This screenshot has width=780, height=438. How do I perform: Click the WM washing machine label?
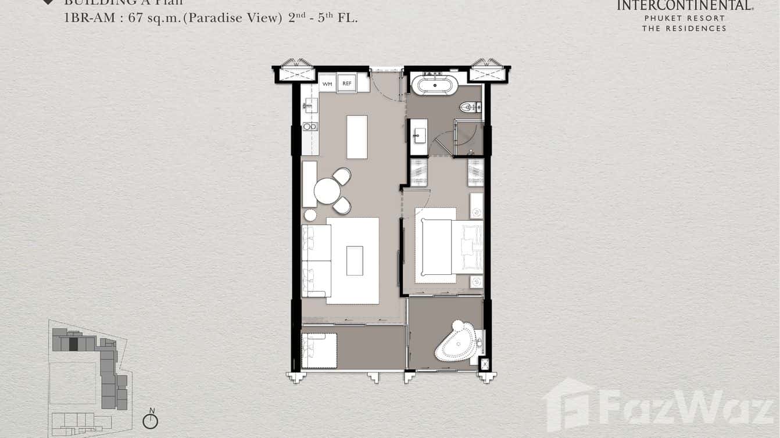(327, 84)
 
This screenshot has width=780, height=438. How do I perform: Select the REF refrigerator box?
(346, 84)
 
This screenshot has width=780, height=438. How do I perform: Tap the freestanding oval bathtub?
(435, 85)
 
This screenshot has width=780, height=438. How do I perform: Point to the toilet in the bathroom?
(468, 107)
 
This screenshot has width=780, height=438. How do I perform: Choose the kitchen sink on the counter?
(310, 106)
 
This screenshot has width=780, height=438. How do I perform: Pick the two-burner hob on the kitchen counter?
(310, 126)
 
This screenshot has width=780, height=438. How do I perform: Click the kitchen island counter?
(357, 137)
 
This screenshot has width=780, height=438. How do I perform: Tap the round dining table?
(327, 191)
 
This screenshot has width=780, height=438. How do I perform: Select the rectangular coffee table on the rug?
(355, 261)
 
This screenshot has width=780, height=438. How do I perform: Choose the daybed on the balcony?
(319, 350)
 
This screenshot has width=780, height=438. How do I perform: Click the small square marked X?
(485, 365)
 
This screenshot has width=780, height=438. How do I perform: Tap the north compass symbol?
(151, 421)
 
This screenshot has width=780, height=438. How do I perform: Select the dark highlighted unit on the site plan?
(73, 344)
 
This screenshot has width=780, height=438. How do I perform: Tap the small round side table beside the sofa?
(310, 215)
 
